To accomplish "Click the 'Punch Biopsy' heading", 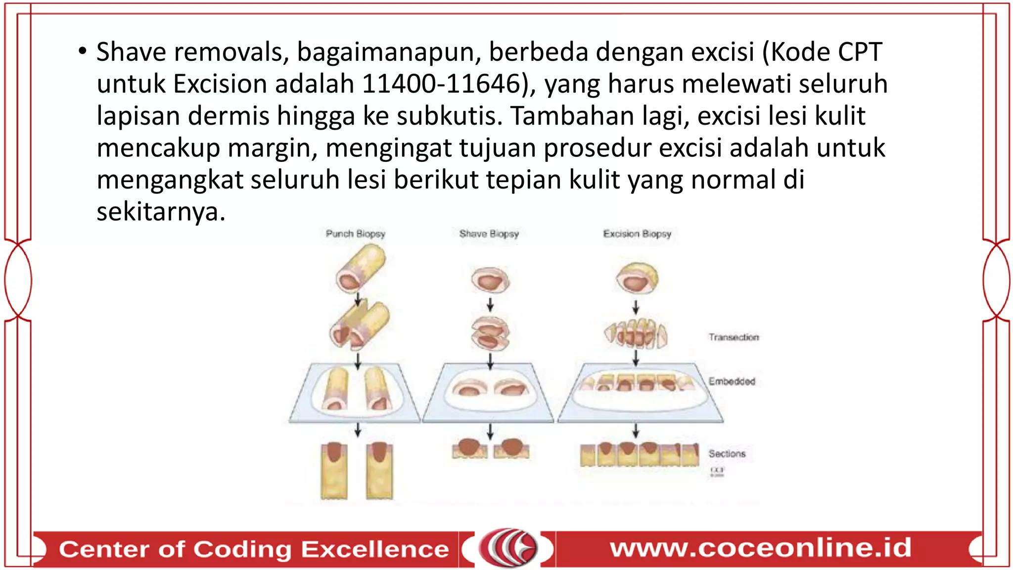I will (355, 234).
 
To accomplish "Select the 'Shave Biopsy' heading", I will (489, 234).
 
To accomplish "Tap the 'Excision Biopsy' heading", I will (637, 234).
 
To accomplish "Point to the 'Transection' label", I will (733, 337).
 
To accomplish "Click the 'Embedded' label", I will (732, 381).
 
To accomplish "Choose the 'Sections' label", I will (727, 453).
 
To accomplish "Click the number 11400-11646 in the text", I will (441, 84).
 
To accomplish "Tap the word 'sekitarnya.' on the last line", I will (161, 212).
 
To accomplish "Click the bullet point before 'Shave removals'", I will (83, 51).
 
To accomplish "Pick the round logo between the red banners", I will (508, 548).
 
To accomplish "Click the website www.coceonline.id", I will (760, 548).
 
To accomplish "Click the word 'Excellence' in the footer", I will (374, 549).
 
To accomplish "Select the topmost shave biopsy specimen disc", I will (490, 280).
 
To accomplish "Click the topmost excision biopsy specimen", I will (637, 278).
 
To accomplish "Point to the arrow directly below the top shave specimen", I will (490, 304).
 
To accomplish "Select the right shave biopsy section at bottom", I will (511, 448).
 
